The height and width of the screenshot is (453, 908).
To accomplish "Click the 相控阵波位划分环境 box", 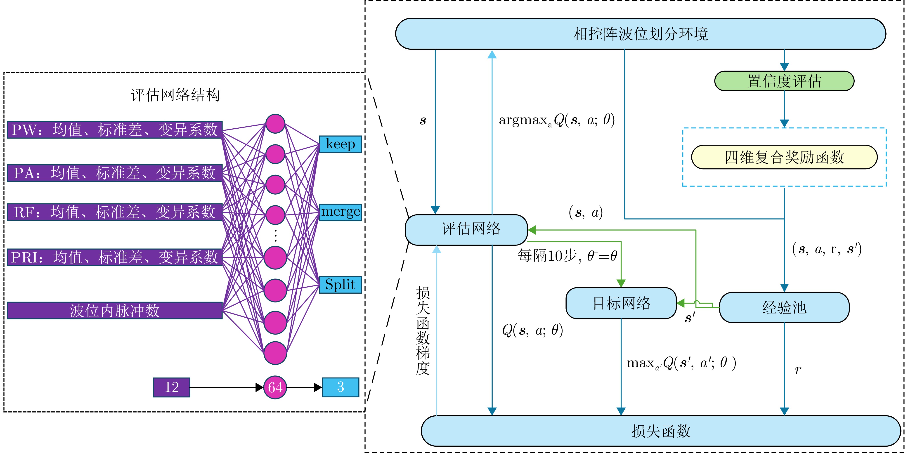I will click(x=641, y=34).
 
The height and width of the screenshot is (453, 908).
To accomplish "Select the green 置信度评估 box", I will click(x=784, y=81).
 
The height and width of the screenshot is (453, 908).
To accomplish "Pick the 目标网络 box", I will click(x=621, y=303).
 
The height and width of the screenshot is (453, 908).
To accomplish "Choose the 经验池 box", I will click(x=784, y=307).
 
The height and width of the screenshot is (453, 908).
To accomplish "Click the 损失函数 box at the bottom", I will click(x=661, y=431).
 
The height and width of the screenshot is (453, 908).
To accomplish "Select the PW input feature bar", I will click(x=115, y=130).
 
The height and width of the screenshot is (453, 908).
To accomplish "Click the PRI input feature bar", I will click(x=115, y=257).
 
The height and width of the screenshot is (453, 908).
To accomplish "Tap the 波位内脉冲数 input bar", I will click(x=115, y=311).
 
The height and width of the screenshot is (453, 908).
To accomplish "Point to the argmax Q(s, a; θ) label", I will click(x=557, y=120).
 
